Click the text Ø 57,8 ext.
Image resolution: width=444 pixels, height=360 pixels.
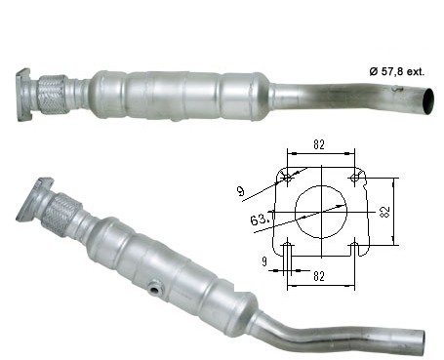click(x=397, y=71)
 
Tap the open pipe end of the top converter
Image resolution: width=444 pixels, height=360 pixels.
click(x=427, y=101)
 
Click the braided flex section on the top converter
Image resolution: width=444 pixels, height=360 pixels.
click(x=52, y=95)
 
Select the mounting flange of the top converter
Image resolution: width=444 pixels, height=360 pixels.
click(x=23, y=95)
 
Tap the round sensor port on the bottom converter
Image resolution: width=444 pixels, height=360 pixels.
click(x=154, y=289)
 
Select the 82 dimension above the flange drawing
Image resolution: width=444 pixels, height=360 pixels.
click(x=319, y=144)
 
